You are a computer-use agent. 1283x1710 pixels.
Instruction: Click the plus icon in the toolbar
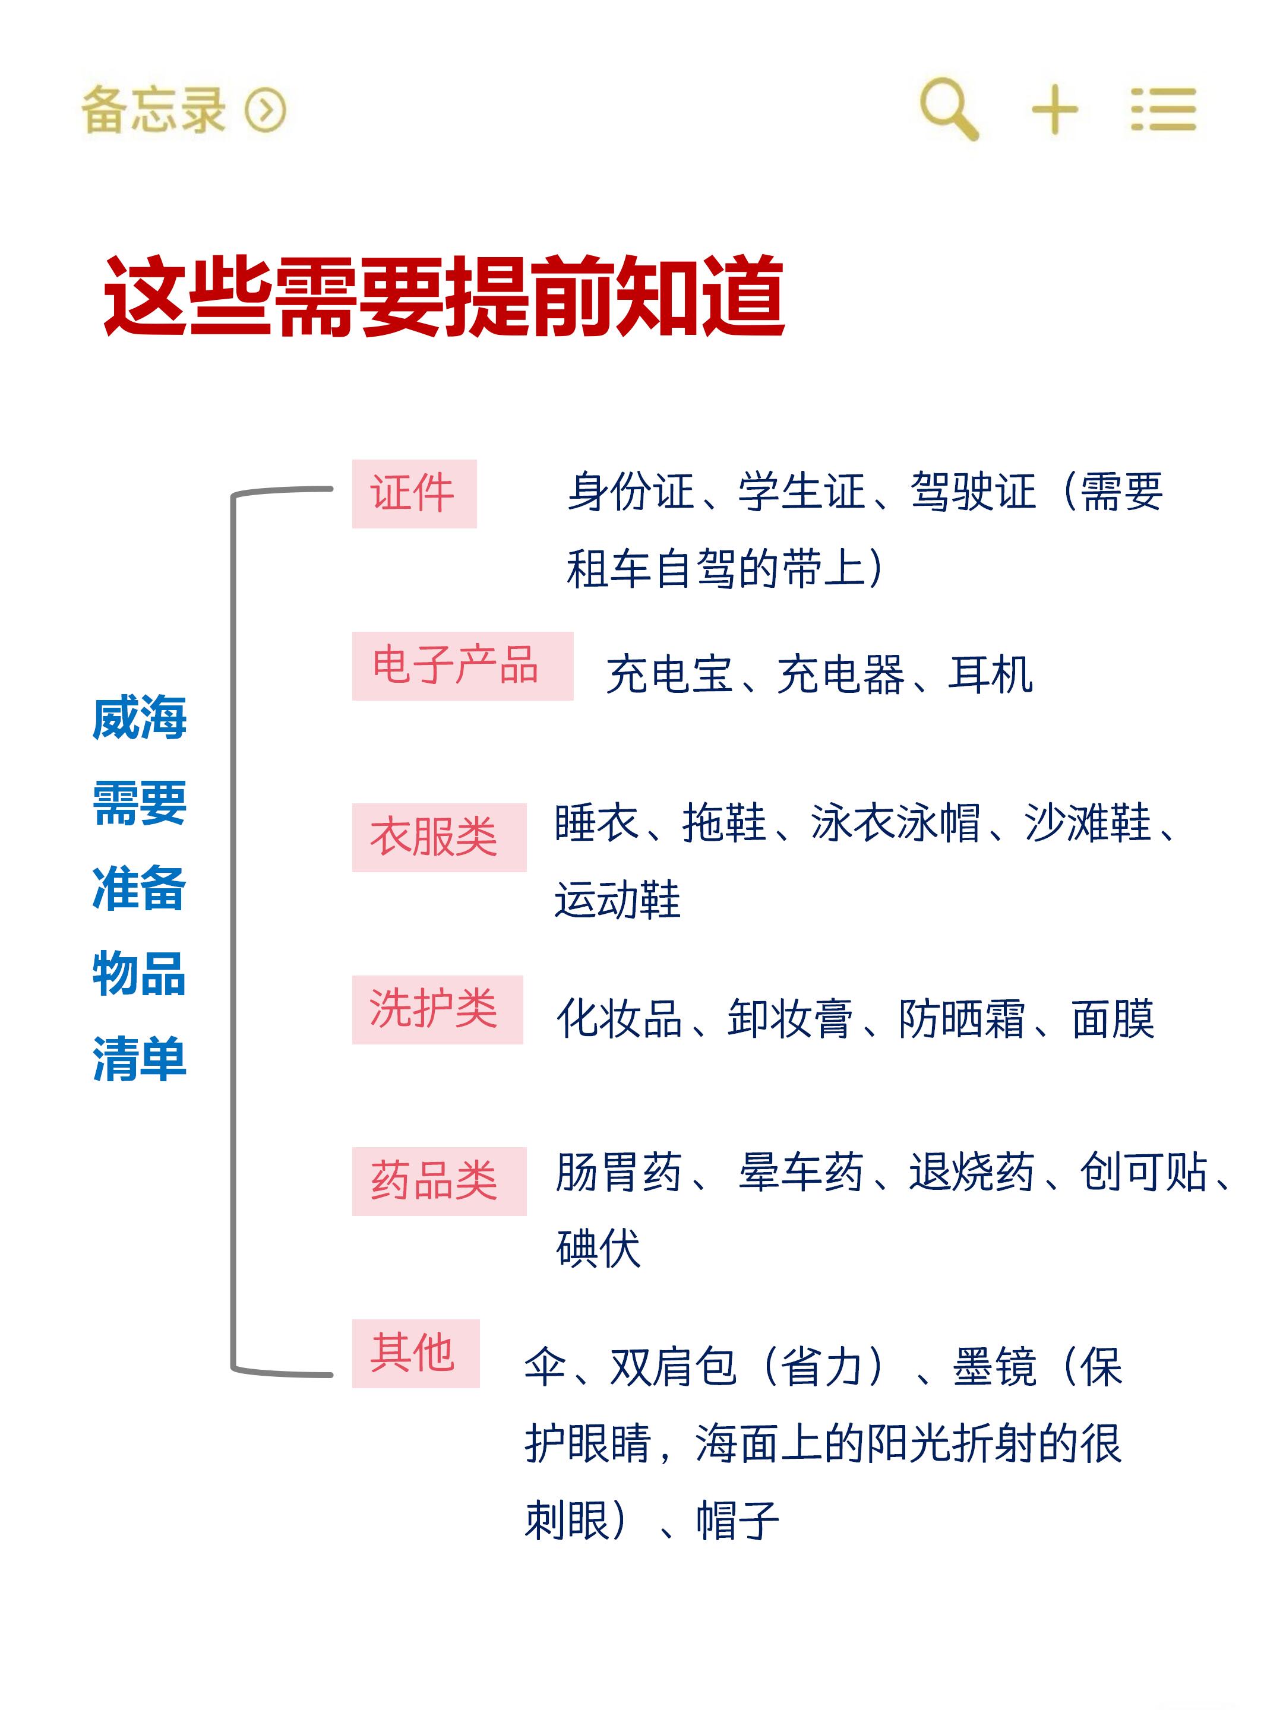point(1054,110)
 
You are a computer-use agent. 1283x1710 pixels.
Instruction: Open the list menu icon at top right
point(1162,110)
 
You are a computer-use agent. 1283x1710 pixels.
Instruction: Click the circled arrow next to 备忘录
point(266,110)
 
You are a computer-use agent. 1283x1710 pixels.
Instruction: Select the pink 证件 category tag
point(414,493)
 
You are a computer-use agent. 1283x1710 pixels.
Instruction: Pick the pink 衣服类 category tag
point(438,837)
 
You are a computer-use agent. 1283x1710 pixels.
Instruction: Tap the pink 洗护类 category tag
point(437,1009)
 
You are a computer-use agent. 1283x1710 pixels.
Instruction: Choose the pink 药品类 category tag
point(438,1180)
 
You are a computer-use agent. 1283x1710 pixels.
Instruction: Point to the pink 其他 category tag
point(415,1353)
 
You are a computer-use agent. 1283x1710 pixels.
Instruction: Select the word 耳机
point(990,674)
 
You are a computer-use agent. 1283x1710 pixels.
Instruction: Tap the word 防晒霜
point(961,1018)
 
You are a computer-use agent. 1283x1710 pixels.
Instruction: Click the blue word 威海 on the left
point(139,717)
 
